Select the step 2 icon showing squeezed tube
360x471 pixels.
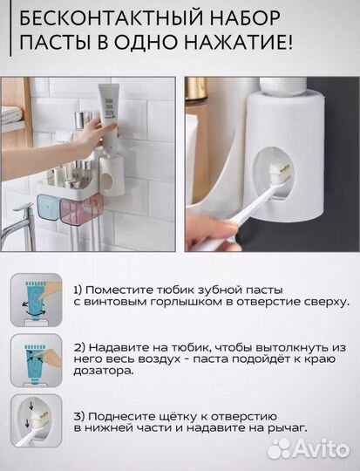(x=36, y=358)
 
